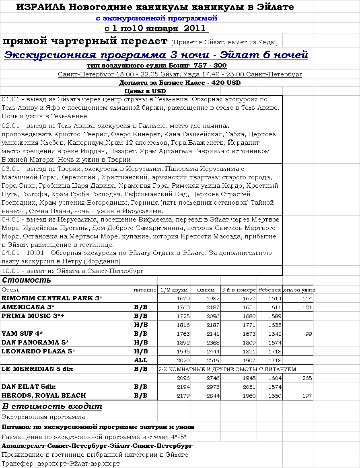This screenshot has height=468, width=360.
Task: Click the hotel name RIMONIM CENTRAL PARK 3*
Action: (x=52, y=298)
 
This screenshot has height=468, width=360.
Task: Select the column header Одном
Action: (x=206, y=289)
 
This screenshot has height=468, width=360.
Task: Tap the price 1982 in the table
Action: (x=212, y=298)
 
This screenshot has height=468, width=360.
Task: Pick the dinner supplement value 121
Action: (x=307, y=308)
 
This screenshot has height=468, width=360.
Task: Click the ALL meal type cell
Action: (x=141, y=360)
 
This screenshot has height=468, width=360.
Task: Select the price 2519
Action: (x=212, y=360)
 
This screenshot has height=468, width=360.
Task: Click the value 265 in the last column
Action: (x=307, y=378)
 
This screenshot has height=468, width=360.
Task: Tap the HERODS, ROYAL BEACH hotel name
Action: (x=44, y=396)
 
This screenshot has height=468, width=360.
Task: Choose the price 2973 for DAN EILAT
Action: (x=212, y=387)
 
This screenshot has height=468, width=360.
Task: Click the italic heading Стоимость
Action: (x=27, y=280)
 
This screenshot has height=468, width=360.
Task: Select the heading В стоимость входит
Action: (x=52, y=406)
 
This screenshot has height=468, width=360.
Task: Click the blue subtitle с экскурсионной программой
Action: (x=156, y=18)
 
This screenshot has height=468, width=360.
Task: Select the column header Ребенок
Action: (x=269, y=289)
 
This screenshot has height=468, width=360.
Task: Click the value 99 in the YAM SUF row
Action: (x=309, y=334)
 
